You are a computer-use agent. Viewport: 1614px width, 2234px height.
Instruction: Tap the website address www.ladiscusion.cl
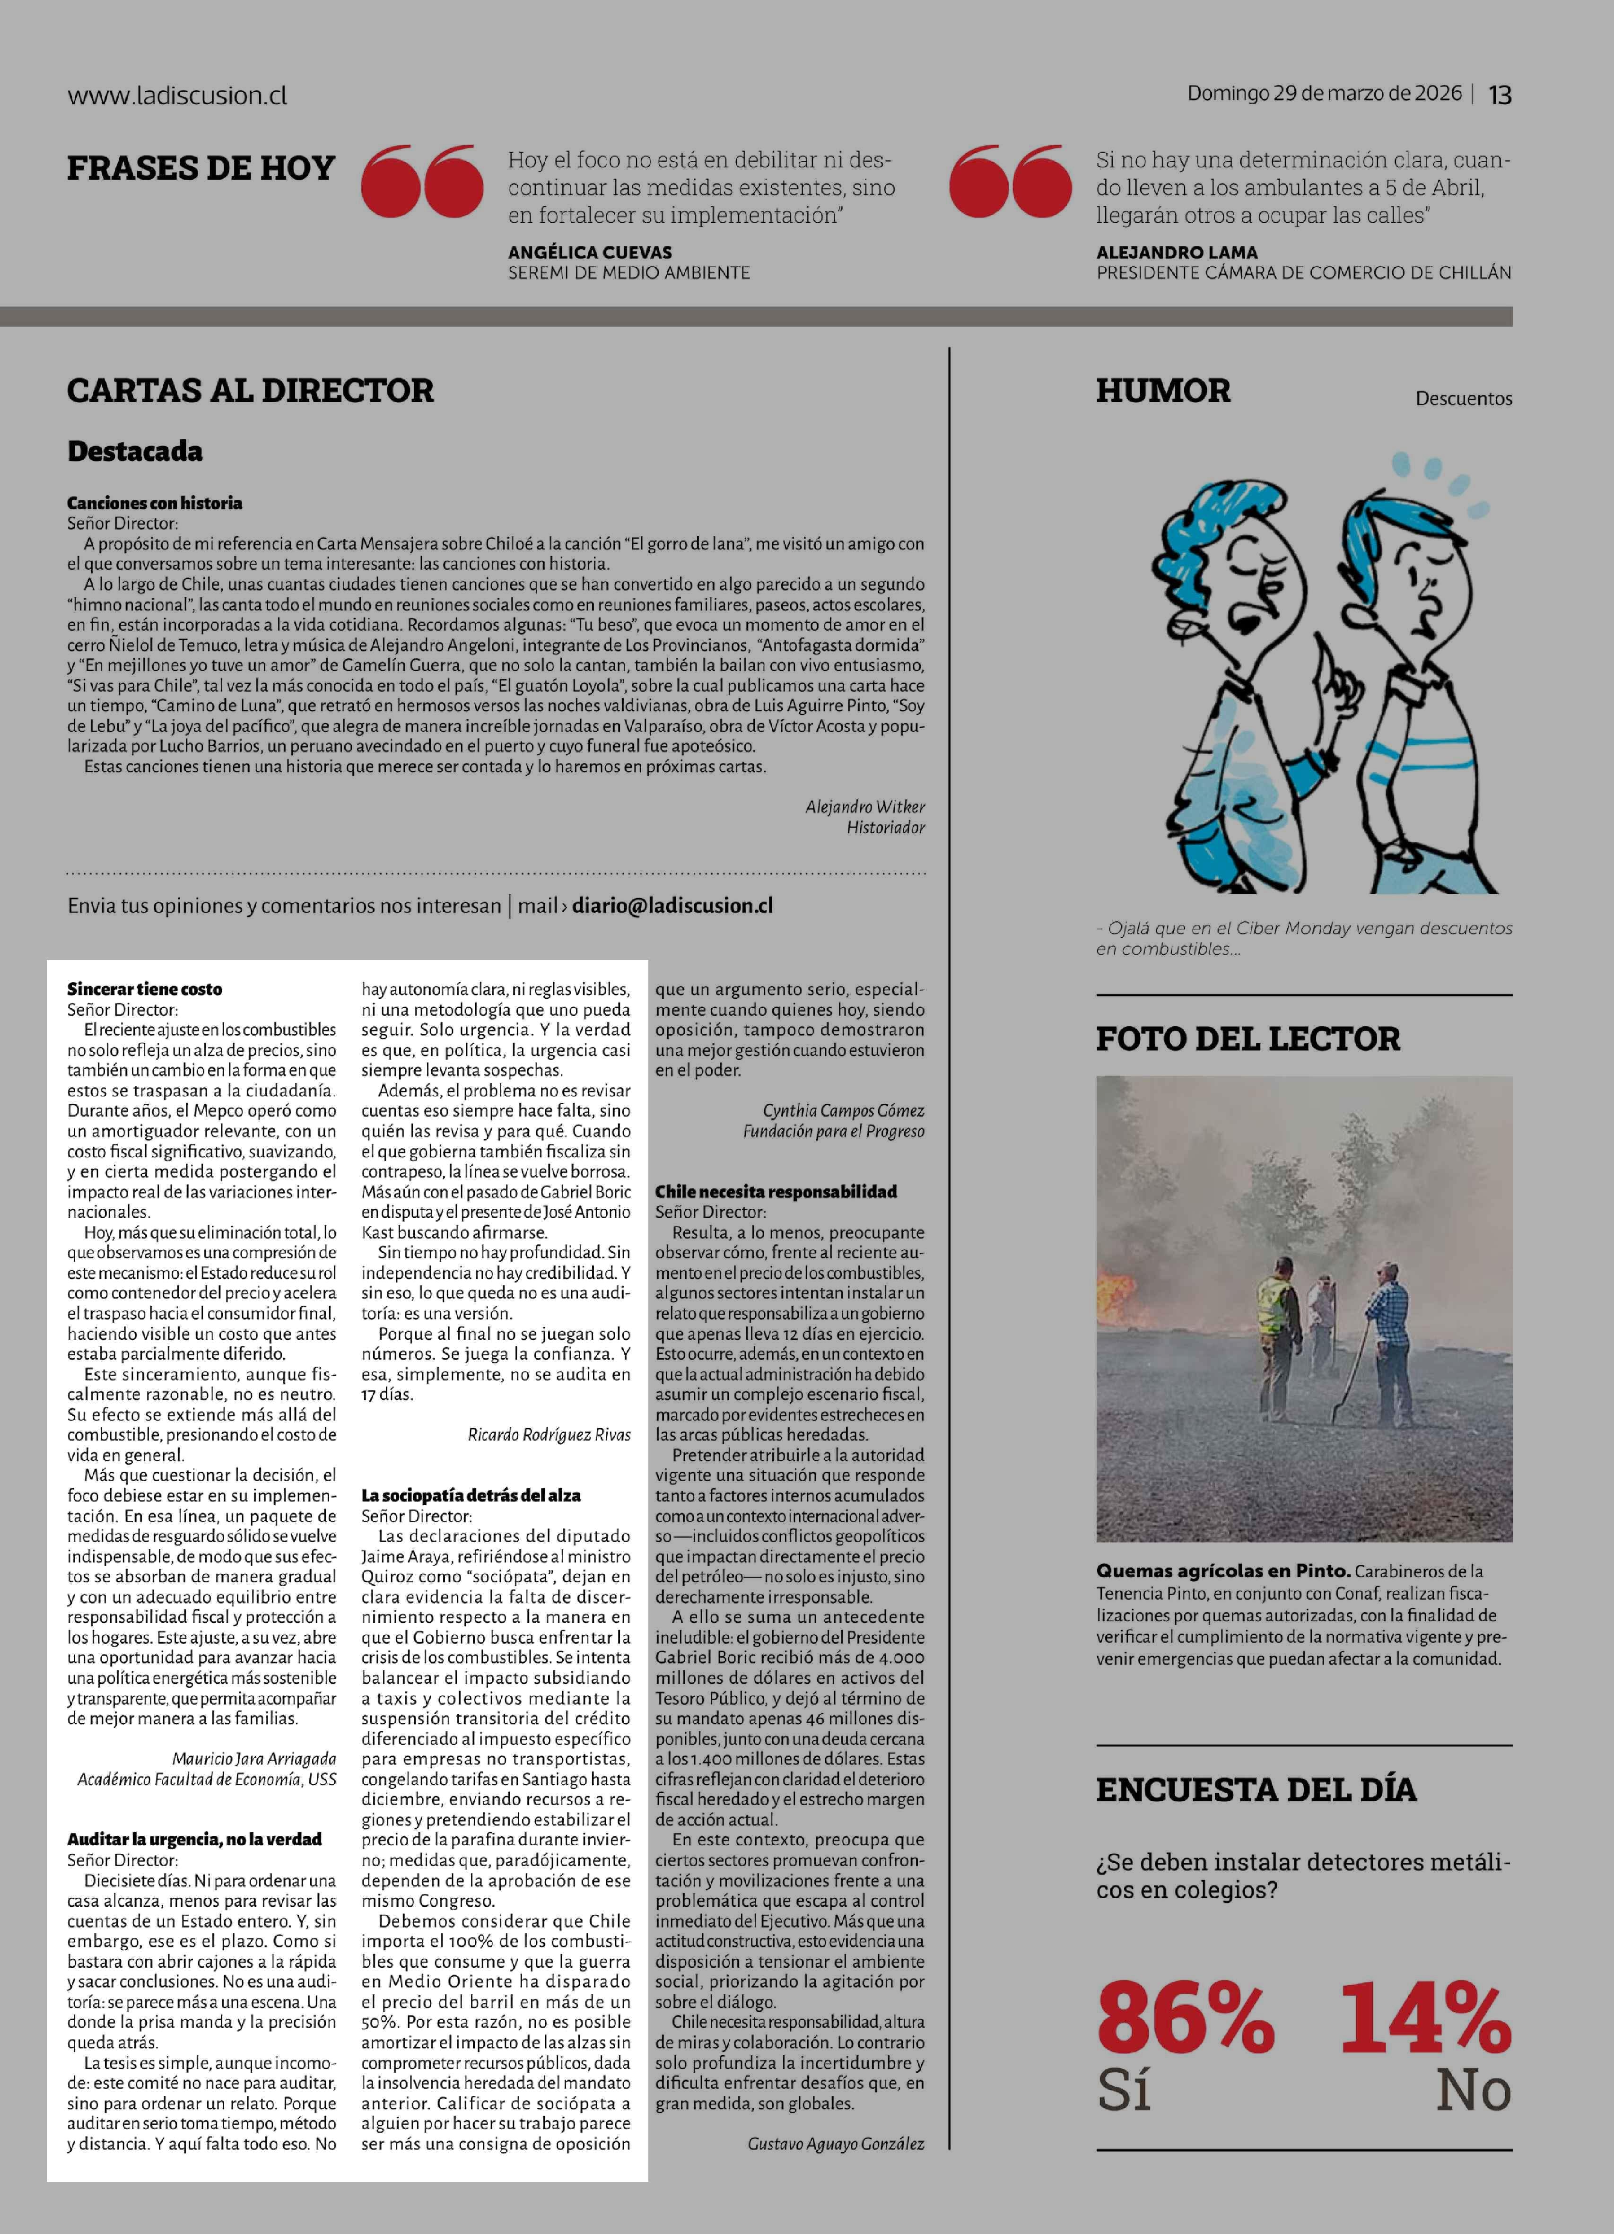[x=177, y=96]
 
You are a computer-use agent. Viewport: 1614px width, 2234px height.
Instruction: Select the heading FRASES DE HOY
[x=201, y=168]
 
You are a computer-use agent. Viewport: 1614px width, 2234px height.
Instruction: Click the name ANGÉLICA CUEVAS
[x=590, y=252]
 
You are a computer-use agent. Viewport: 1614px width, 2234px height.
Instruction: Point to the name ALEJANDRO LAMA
[x=1177, y=252]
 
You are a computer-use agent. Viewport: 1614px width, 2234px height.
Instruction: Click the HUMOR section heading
[x=1163, y=391]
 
